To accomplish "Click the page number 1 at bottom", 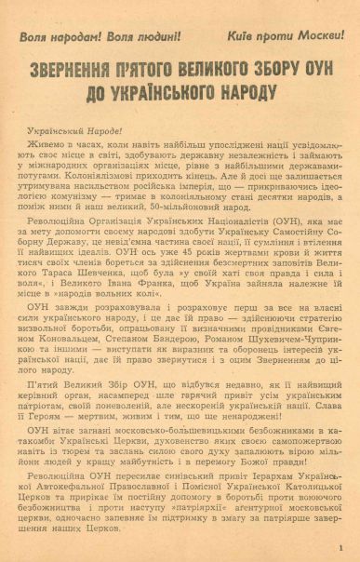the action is point(341,547).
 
